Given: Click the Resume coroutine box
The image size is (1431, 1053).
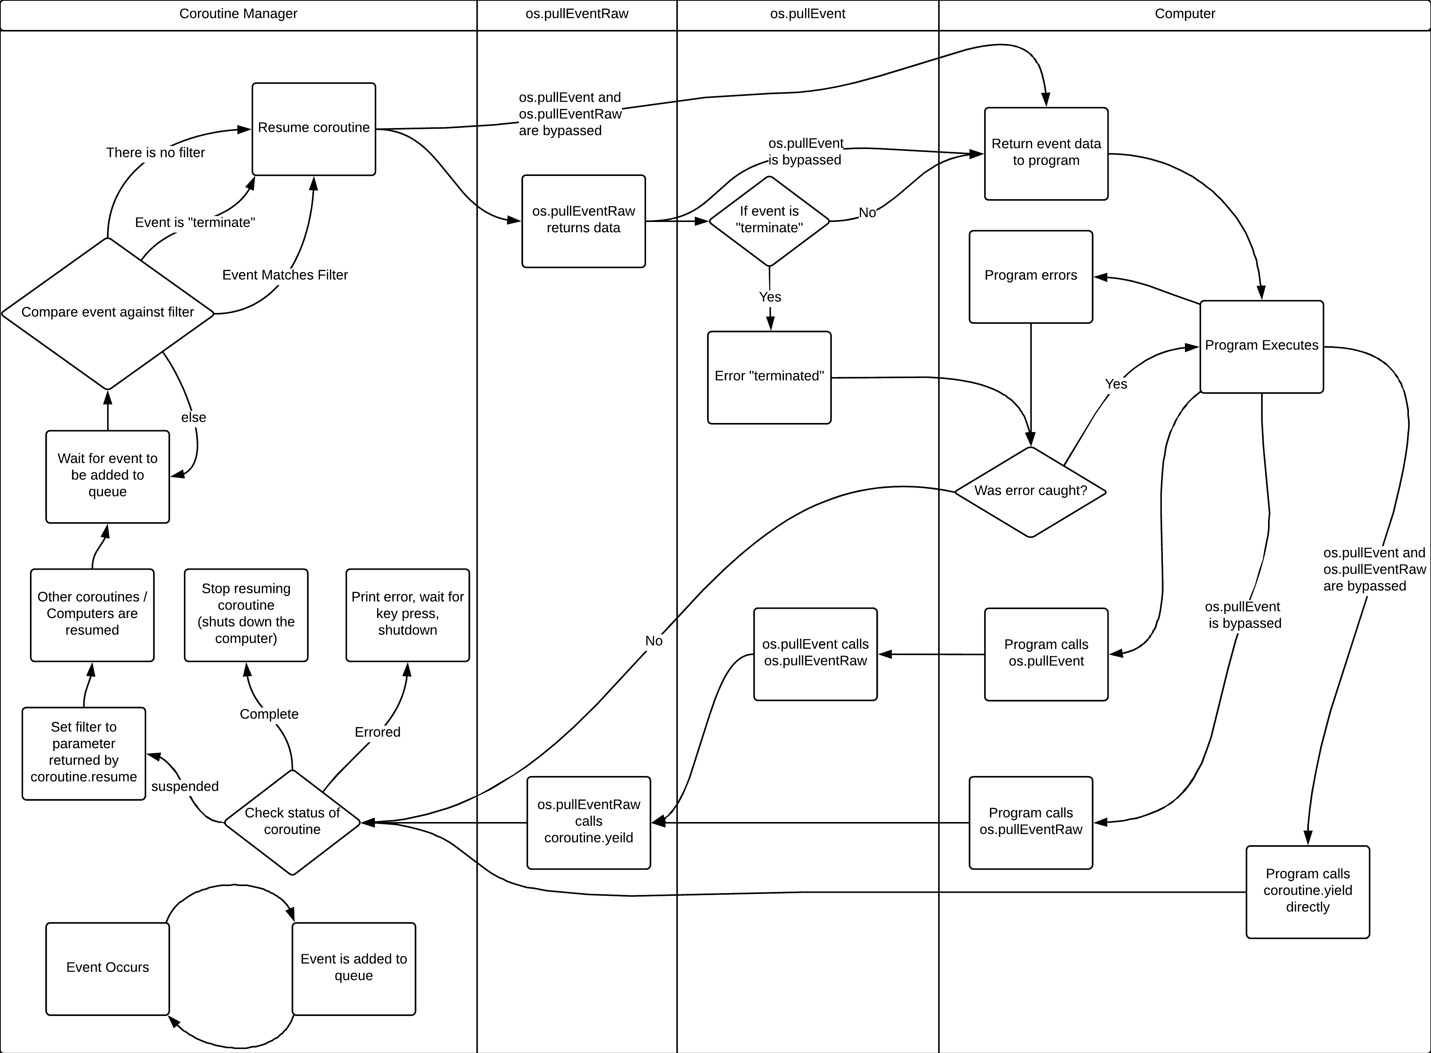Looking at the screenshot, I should coord(314,129).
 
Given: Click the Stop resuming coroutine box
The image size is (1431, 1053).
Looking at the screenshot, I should coord(246,614).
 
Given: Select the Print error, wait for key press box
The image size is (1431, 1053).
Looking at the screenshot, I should coord(407,614).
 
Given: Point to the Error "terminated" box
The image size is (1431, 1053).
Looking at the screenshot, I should coord(769,377).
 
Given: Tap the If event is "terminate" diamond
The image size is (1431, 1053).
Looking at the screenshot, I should coord(769,220).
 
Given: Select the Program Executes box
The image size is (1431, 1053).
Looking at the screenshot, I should coord(1261,346).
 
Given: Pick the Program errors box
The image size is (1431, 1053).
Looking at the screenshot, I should coord(1031,276).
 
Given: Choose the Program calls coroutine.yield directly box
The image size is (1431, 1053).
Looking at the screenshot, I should coord(1307,891).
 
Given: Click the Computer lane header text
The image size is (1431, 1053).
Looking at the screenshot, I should coord(1185,14).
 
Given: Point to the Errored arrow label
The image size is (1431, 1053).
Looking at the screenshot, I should coord(378,732).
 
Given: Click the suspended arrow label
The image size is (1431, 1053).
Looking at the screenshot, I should coord(185,786).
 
